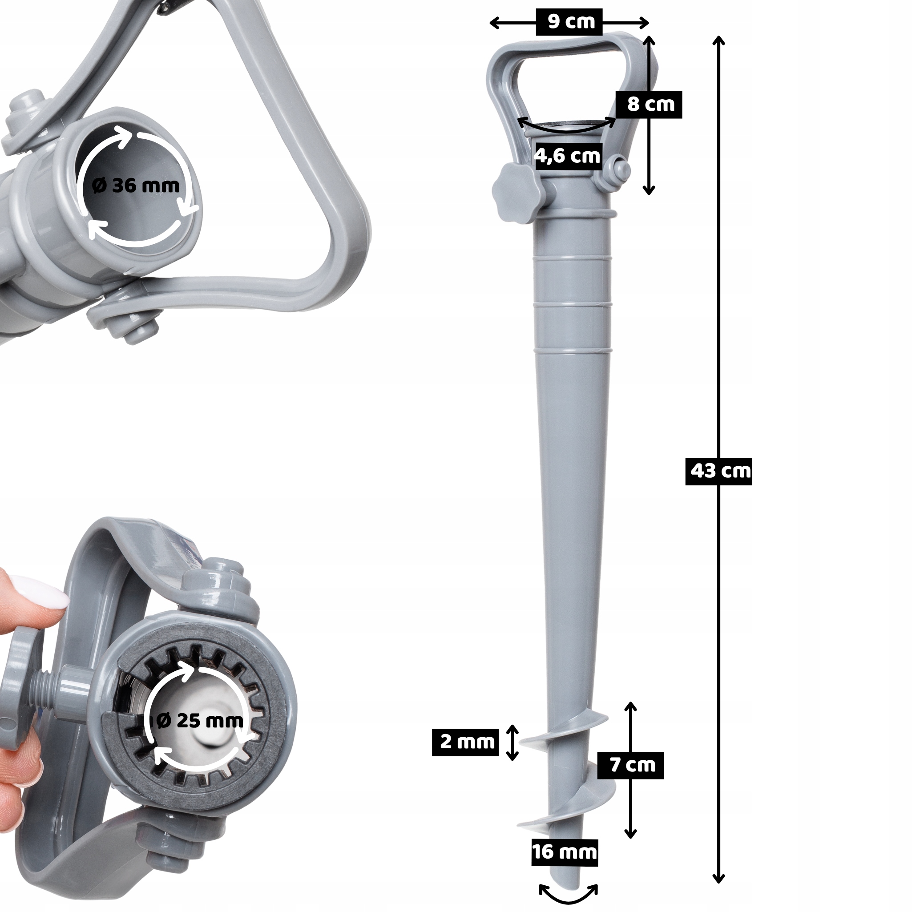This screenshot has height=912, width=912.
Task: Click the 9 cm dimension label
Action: (x=572, y=22)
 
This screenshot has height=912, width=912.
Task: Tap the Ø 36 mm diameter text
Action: (x=136, y=186)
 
